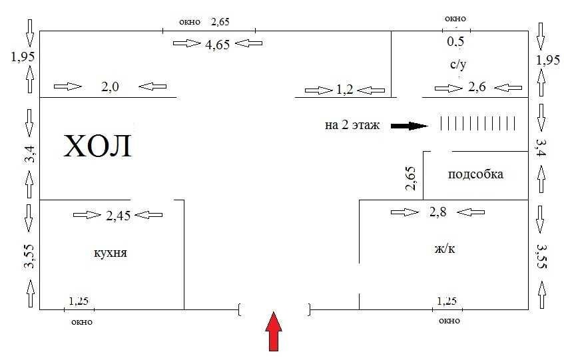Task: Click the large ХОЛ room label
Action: [97, 146]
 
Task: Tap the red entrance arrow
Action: [274, 331]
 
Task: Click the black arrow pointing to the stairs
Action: [410, 126]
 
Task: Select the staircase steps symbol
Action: [478, 123]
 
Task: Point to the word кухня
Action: [111, 253]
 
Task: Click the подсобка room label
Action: [475, 174]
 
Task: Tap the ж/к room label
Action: [445, 248]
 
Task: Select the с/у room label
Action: [458, 65]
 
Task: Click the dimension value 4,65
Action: [217, 45]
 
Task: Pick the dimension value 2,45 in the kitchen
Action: [119, 216]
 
